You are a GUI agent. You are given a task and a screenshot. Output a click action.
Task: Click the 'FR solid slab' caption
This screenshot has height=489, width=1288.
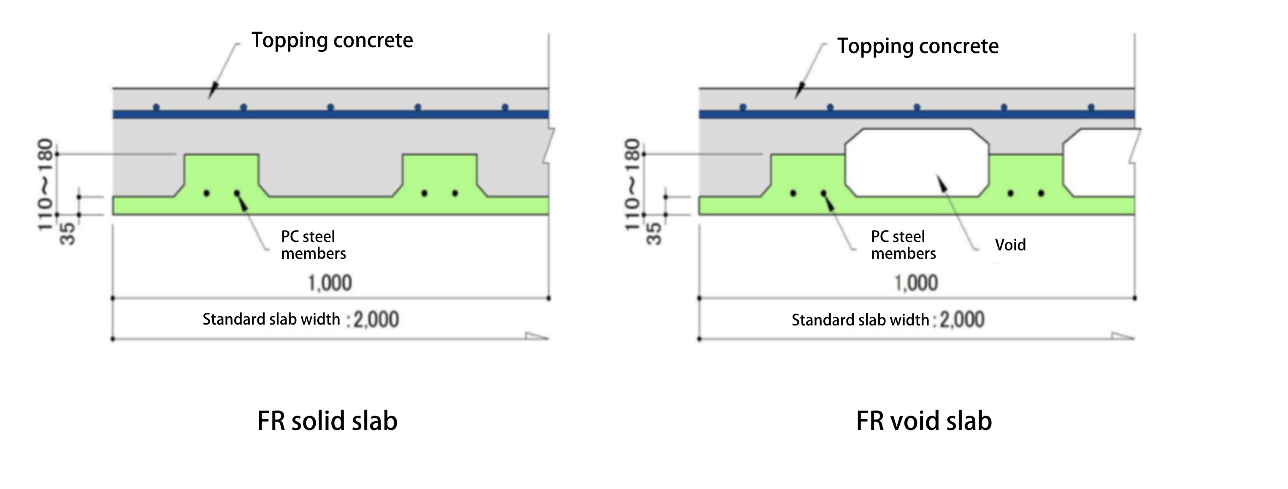327,421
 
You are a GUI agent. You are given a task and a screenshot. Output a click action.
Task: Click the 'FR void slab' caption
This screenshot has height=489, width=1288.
923,421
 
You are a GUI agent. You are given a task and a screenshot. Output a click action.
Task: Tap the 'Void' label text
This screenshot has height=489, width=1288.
1010,245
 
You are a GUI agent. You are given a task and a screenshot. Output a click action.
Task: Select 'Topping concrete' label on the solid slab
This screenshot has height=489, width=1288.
332,40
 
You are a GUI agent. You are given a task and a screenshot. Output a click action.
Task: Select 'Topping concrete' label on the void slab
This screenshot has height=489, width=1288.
917,46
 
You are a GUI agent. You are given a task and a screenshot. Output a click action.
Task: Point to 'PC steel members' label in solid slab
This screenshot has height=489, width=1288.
313,245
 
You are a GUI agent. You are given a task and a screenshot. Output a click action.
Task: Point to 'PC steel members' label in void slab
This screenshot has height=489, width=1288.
903,245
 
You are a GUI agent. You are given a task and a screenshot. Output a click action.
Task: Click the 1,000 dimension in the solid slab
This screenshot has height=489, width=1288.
330,283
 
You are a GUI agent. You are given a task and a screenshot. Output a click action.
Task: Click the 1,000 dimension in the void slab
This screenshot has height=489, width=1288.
916,283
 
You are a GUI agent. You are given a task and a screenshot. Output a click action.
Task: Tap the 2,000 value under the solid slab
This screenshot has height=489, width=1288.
376,320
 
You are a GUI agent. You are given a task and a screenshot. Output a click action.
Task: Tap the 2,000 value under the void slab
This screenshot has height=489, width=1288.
962,320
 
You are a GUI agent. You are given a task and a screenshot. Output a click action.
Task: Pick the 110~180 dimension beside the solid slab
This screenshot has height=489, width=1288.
46,185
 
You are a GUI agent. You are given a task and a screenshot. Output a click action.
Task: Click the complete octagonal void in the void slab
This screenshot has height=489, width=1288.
917,162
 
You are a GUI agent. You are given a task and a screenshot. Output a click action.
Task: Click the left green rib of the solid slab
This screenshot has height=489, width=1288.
222,175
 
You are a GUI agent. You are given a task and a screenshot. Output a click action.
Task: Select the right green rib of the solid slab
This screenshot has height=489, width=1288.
439,175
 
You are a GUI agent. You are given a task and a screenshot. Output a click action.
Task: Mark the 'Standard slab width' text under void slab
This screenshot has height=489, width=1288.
860,320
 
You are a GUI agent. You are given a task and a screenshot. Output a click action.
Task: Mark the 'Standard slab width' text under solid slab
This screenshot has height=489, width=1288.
271,319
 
